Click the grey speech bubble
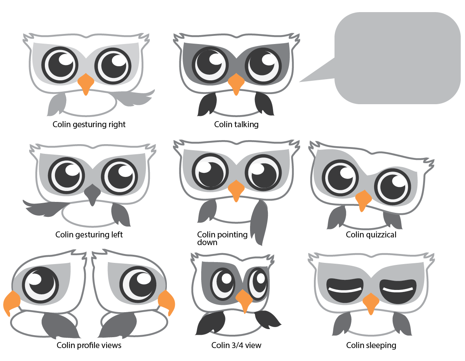pyautogui.click(x=398, y=58)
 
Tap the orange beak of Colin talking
pyautogui.click(x=236, y=84)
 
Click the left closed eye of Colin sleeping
pyautogui.click(x=345, y=290)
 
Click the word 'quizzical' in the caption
pyautogui.click(x=381, y=235)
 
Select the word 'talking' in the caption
pyautogui.click(x=247, y=124)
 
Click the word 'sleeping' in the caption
pyautogui.click(x=381, y=345)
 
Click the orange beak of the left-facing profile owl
pyautogui.click(x=11, y=302)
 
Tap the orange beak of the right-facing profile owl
pyautogui.click(x=167, y=302)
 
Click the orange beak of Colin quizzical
pyautogui.click(x=363, y=200)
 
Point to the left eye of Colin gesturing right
pyautogui.click(x=60, y=65)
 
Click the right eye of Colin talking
pyautogui.click(x=263, y=65)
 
